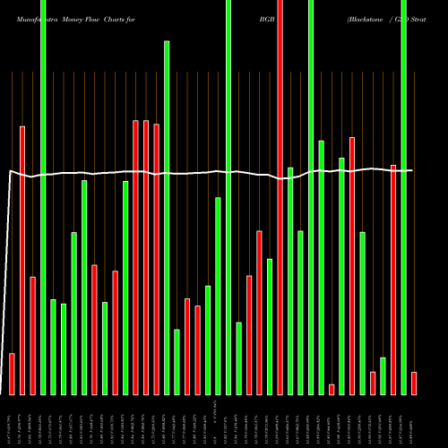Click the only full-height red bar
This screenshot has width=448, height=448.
coord(280,197)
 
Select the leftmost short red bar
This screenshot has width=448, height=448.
coord(12,374)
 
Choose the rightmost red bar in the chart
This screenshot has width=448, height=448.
coord(414,383)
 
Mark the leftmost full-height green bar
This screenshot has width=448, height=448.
coord(43,197)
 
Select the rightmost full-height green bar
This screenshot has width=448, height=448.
coord(403,197)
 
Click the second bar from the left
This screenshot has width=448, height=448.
coord(22,260)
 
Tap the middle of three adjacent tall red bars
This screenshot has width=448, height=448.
coord(146,257)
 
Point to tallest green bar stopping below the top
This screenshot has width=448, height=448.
coord(167,218)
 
